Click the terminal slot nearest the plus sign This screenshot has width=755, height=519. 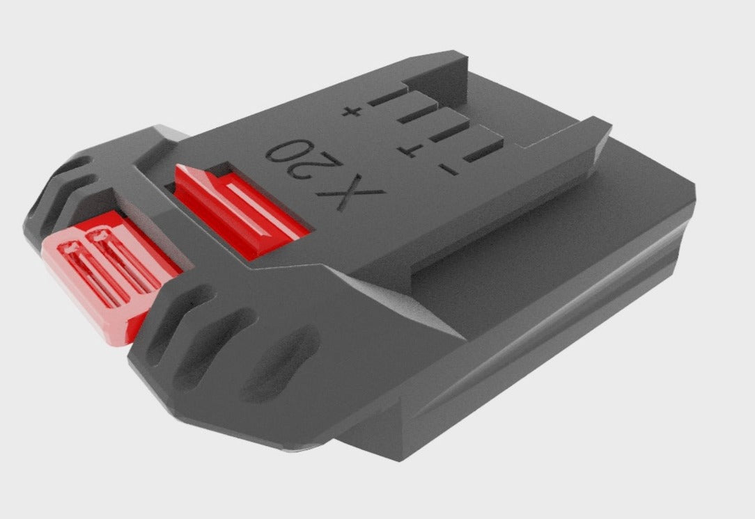(387, 97)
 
